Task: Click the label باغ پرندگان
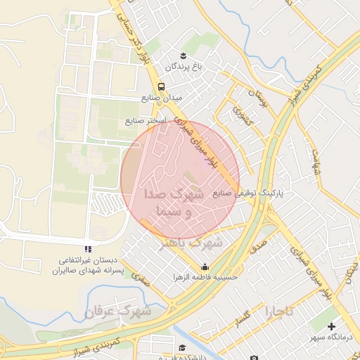[x=184, y=66]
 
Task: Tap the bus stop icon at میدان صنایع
[x=162, y=86]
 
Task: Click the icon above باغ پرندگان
[x=184, y=56]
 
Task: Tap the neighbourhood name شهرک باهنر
[x=192, y=243]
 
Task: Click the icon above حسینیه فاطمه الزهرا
[x=205, y=267]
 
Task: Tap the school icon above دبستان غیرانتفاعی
[x=88, y=249]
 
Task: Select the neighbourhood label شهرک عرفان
[x=119, y=310]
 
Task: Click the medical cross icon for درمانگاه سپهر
[x=331, y=326]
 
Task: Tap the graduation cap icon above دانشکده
[x=182, y=347]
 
